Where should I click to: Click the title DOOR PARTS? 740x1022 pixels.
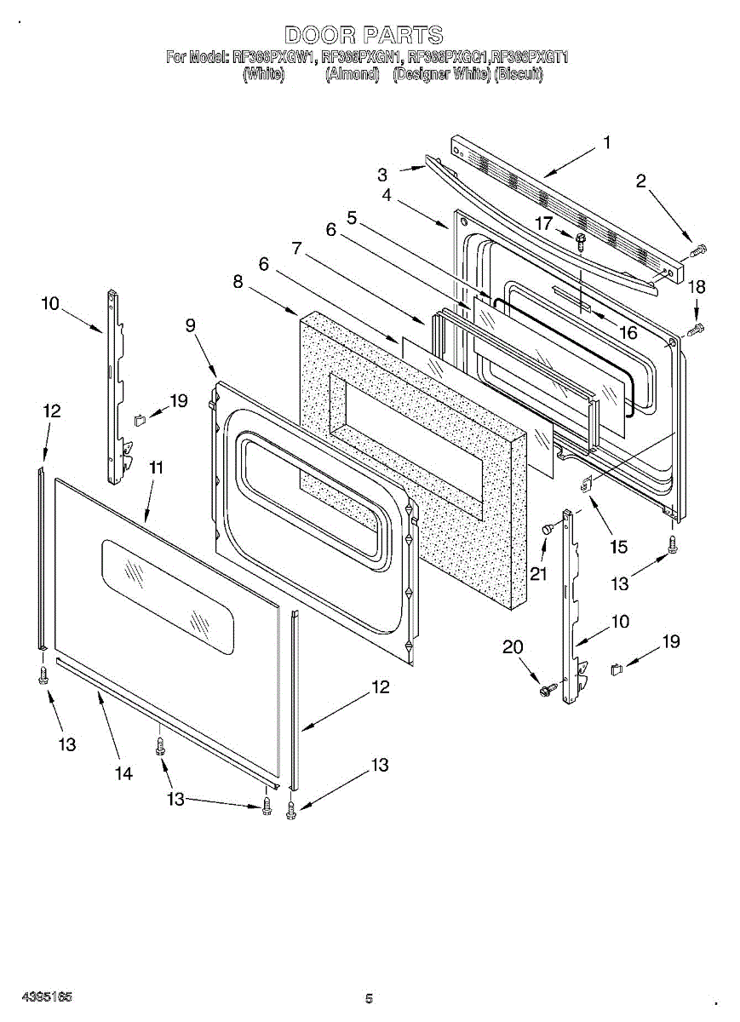364,35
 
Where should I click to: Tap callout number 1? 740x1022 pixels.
606,143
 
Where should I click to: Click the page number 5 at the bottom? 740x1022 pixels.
369,998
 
